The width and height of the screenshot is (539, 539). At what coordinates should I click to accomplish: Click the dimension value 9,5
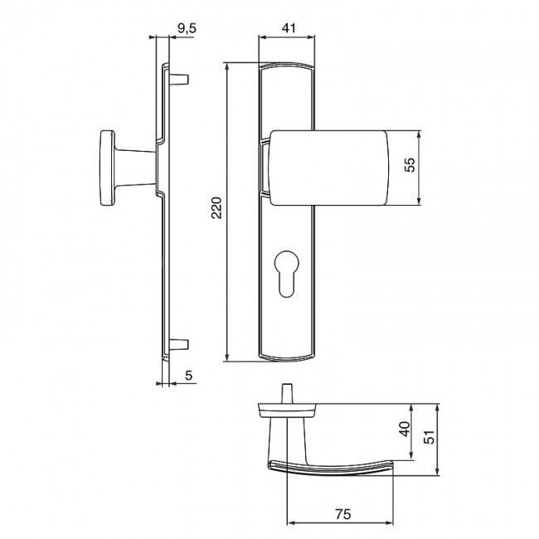[187, 30]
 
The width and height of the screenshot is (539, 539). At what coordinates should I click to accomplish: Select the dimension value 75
[340, 513]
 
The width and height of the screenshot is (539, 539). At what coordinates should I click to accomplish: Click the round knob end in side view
[107, 166]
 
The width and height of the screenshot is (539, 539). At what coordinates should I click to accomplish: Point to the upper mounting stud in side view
[181, 80]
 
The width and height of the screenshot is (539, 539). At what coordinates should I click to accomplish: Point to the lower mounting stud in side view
[181, 343]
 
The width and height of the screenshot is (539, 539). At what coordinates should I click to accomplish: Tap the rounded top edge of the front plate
[288, 66]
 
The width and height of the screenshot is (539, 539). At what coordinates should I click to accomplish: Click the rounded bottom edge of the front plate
[288, 358]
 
